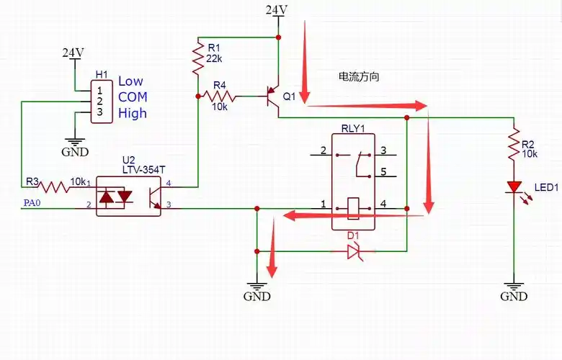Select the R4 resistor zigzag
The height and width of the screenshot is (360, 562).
pos(219,95)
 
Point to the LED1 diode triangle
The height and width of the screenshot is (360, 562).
pos(514,188)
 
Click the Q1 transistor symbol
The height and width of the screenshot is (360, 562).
pos(273,96)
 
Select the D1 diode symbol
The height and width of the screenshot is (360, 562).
pos(353,251)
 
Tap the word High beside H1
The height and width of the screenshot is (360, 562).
pos(133,113)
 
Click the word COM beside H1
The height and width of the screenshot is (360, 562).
pos(133,97)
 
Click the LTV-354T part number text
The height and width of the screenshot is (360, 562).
pos(144,169)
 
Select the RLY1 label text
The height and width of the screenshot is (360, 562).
pos(353,129)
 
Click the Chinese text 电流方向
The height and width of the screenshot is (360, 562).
pos(359,76)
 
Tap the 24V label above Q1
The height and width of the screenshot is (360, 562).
pos(277,9)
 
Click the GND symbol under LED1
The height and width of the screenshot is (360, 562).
pos(514,291)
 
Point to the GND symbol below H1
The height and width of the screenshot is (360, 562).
pos(75,146)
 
